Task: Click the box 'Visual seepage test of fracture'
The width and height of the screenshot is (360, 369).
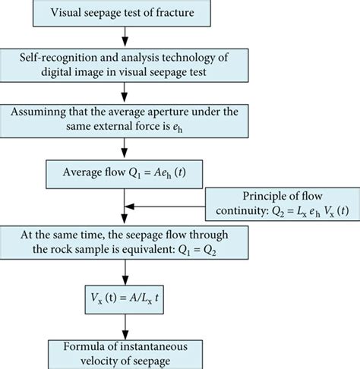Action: [x=124, y=13]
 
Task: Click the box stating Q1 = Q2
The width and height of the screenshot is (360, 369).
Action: [x=124, y=244]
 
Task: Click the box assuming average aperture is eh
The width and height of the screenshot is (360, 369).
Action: [x=124, y=118]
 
